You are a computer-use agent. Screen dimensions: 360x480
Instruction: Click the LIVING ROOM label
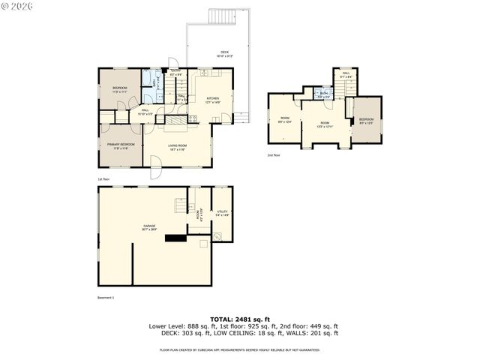pyautogui.click(x=177, y=147)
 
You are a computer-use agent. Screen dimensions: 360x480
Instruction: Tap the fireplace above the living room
pyautogui.click(x=174, y=120)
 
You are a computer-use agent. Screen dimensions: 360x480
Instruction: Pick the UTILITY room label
pyautogui.click(x=222, y=213)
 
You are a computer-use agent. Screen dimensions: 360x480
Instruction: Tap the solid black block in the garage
pyautogui.click(x=177, y=239)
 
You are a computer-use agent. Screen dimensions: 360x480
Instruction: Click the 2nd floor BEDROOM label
pyautogui.click(x=366, y=121)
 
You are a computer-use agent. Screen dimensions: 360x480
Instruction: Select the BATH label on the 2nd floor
pyautogui.click(x=324, y=95)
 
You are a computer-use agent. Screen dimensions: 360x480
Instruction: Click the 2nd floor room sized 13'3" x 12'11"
pyautogui.click(x=325, y=124)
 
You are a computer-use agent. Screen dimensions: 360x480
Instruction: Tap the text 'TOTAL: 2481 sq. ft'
pyautogui.click(x=239, y=319)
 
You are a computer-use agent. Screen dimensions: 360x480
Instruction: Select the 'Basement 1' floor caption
pyautogui.click(x=106, y=298)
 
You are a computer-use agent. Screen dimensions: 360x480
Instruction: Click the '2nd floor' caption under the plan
pyautogui.click(x=274, y=155)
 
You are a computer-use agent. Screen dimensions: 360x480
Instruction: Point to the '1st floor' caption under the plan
pyautogui.click(x=104, y=179)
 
